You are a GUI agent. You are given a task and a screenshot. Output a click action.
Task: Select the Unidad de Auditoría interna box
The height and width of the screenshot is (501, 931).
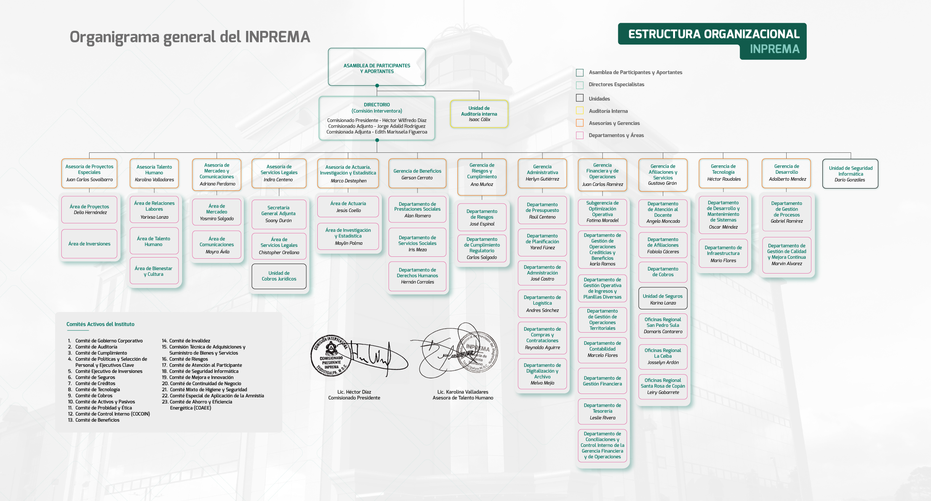coord(479,114)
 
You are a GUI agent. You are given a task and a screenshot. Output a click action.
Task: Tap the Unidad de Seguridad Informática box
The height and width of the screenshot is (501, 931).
coord(850,174)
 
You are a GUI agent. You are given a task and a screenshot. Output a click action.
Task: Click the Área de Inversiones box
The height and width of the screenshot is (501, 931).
coord(89,244)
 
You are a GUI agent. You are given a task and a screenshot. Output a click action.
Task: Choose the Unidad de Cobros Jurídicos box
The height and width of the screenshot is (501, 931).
coord(279,276)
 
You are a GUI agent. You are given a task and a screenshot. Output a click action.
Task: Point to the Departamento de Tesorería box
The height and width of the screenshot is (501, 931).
coord(602,411)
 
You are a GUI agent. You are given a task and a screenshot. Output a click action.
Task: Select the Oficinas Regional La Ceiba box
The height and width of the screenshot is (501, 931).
coord(663,356)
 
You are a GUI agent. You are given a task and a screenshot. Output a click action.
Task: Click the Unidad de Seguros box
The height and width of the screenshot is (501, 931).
coord(663,299)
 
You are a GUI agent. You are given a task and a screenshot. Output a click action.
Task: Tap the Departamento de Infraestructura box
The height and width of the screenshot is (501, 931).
coord(723,254)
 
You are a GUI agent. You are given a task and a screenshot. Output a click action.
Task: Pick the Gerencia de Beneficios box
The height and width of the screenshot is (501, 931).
coord(417,174)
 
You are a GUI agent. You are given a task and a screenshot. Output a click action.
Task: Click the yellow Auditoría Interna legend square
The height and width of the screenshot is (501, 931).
coord(580,111)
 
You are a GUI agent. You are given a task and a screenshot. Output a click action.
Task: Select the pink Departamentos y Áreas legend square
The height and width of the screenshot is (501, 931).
coord(580,135)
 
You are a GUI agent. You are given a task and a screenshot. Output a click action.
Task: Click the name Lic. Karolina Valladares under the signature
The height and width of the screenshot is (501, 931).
coord(462,392)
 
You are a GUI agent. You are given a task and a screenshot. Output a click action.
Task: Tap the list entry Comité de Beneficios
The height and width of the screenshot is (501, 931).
coord(97,420)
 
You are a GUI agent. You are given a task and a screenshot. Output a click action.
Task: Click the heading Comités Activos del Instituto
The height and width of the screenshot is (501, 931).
coord(100,324)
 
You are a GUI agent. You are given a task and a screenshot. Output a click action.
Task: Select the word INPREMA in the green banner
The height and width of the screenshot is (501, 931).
coord(774,49)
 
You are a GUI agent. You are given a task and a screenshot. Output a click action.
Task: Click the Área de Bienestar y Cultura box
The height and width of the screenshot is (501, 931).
coord(154,271)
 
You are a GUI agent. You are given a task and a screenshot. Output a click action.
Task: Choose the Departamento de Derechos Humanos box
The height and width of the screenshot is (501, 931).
coord(417,276)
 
